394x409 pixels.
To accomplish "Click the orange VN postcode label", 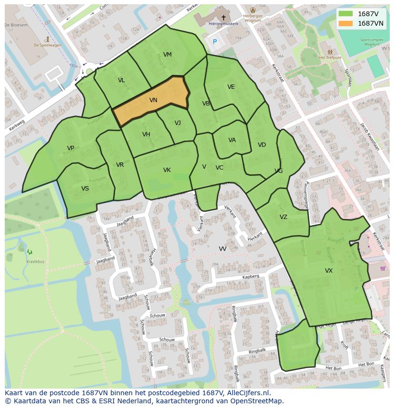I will click(153, 100).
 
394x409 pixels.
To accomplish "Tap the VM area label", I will click(167, 55).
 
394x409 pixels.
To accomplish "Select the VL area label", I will click(121, 80).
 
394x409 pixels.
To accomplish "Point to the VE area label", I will click(231, 87).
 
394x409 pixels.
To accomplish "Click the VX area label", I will click(329, 271).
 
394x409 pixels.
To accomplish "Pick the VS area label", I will click(85, 189).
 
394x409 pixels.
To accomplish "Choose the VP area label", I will click(70, 148).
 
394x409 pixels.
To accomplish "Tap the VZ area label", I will click(284, 217).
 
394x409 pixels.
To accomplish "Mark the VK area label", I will click(167, 170).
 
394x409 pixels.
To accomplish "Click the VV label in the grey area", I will click(223, 249).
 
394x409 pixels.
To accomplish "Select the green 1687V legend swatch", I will click(346, 14).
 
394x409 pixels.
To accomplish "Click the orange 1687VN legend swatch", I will click(346, 23).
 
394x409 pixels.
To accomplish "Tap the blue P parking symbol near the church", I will click(215, 42).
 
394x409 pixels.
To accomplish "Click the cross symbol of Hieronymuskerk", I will click(223, 18).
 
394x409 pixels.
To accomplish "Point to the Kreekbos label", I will click(35, 262).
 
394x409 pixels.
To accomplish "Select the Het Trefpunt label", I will click(328, 57).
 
